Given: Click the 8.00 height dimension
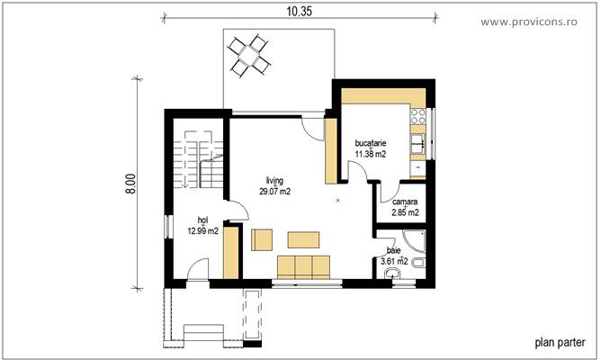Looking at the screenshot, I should (130, 185).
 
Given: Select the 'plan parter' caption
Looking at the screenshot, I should (560, 342).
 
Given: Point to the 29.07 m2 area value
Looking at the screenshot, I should (274, 192).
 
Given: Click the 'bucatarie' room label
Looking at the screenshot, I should (371, 143).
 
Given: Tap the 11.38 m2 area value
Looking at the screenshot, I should (371, 154).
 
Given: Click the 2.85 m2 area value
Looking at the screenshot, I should (405, 213).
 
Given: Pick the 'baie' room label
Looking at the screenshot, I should (394, 250).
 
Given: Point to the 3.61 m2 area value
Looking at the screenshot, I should (394, 262).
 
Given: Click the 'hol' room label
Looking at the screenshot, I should (203, 220).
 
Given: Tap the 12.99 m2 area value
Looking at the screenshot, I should (203, 231).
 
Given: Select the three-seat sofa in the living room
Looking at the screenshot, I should (303, 266).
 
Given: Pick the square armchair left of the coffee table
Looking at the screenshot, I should (261, 240).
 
